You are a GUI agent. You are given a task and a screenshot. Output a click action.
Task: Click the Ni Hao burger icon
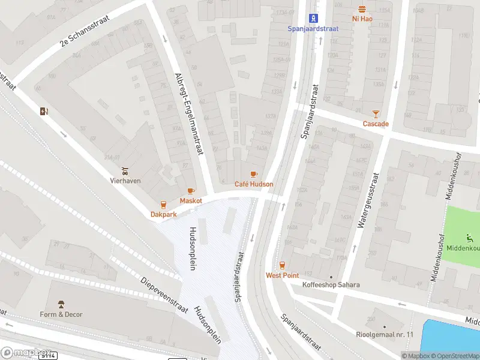tap(362, 9)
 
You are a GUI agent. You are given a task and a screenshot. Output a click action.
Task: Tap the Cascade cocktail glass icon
tap(376, 113)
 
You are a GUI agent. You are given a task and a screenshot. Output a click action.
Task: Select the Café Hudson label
tap(254, 184)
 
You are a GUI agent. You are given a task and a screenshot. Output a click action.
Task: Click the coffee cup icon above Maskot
tap(191, 191)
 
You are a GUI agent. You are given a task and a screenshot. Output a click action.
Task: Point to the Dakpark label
tap(163, 214)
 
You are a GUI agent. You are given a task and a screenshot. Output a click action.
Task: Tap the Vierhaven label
tap(125, 179)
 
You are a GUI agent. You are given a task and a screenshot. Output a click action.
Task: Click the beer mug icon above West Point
tap(282, 265)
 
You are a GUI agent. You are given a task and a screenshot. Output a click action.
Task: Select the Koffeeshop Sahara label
tap(331, 284)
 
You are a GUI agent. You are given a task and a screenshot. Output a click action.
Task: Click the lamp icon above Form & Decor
tap(61, 304)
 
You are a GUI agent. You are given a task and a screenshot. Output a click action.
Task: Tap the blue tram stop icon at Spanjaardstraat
tap(313, 18)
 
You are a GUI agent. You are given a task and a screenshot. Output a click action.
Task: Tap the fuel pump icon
tap(43, 111)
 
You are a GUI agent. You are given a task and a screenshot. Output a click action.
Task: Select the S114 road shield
tap(48, 356)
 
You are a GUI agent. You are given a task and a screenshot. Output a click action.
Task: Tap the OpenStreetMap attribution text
tap(456, 356)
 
